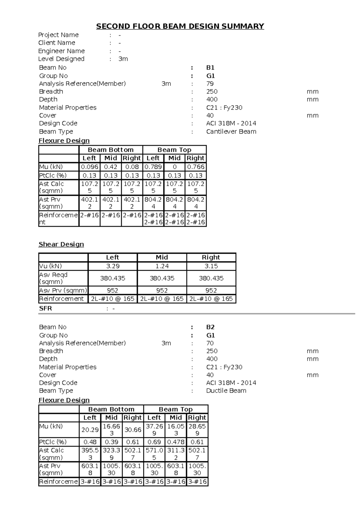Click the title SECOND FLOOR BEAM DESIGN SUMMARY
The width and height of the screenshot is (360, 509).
click(180, 26)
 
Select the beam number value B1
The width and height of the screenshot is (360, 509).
click(210, 68)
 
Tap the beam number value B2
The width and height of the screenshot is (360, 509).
click(210, 327)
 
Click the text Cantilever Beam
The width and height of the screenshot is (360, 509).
click(231, 131)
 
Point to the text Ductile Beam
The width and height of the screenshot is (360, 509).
click(226, 391)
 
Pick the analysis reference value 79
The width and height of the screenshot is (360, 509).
click(210, 84)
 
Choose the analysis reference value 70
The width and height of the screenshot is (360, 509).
click(210, 343)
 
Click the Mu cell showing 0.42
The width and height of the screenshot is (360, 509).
click(110, 167)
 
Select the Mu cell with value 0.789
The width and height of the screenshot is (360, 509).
click(153, 167)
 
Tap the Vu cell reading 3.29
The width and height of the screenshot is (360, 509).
click(112, 266)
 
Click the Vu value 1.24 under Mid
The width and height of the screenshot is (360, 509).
click(162, 266)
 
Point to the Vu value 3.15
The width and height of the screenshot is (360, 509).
click(211, 266)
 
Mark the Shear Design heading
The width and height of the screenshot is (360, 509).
click(61, 244)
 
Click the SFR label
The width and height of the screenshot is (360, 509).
click(45, 309)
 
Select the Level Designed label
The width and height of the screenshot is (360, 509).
click(61, 59)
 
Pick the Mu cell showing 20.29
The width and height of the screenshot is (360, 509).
click(90, 430)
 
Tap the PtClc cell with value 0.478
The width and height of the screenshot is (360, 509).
click(175, 442)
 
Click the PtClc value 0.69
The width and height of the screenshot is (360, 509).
click(154, 442)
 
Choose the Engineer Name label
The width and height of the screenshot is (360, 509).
click(61, 51)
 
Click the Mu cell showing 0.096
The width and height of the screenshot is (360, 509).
click(89, 167)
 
